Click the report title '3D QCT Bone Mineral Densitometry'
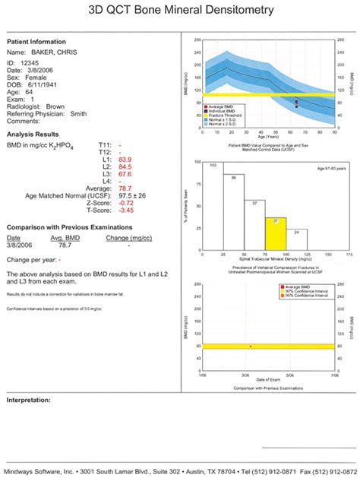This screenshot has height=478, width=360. point(180,13)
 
